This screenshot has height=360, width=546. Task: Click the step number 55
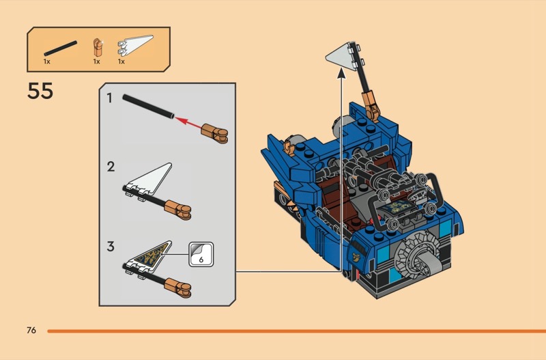click(x=40, y=91)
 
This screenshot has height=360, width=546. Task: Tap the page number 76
click(x=31, y=330)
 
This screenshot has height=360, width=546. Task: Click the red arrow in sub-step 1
click(x=188, y=122)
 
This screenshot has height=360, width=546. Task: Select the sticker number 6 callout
click(x=201, y=254)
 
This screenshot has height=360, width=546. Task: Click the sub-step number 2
click(x=111, y=167)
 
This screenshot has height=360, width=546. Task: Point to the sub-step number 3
click(x=111, y=247)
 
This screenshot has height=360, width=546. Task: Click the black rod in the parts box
click(x=61, y=48)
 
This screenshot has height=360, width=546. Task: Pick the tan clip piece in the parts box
click(x=98, y=47)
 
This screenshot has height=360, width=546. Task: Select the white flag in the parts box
click(x=135, y=45)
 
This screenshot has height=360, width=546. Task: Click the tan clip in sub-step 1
click(x=215, y=133)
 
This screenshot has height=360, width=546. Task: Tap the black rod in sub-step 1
click(x=148, y=107)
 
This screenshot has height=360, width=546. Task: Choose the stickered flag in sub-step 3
click(x=149, y=258)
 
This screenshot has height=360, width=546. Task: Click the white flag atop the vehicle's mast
click(x=341, y=57)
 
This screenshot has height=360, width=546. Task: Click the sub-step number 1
click(x=110, y=98)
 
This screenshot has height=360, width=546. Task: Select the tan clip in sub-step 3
click(x=177, y=288)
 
